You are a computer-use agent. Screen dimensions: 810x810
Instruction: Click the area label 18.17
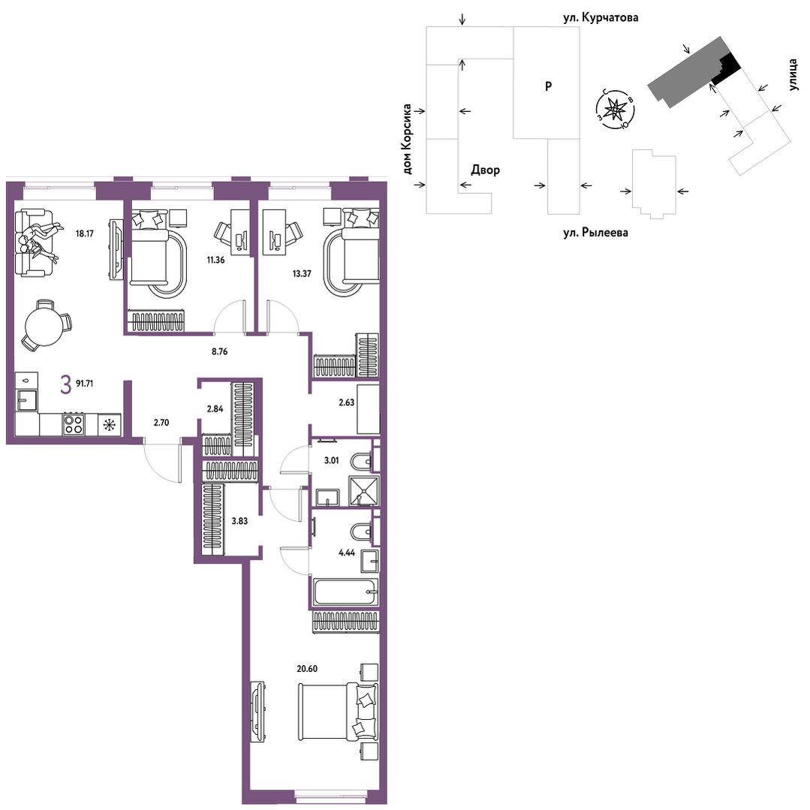click(x=85, y=233)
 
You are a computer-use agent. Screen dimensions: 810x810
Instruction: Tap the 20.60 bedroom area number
click(x=307, y=668)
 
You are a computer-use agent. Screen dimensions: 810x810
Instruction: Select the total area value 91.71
click(x=84, y=384)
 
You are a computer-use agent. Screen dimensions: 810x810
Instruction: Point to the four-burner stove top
click(x=74, y=424)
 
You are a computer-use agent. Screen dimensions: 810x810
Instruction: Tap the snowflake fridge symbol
click(x=110, y=425)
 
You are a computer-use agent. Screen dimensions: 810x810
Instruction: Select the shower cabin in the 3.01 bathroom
click(x=363, y=490)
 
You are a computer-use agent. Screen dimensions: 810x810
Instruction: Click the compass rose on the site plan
click(x=616, y=109)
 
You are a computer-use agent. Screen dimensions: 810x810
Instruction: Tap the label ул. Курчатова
click(x=601, y=17)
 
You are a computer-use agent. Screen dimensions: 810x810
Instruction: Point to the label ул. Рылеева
click(x=595, y=233)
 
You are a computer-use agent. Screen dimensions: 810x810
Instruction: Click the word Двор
click(x=485, y=170)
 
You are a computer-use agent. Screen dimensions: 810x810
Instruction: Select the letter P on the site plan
click(x=549, y=86)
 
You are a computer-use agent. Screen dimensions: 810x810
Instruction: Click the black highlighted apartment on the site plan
click(x=725, y=70)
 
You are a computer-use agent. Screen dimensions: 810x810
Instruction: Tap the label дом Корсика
click(x=407, y=139)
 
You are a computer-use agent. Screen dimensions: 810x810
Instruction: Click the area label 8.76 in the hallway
click(x=219, y=352)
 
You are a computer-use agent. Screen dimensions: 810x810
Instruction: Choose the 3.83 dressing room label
click(x=239, y=521)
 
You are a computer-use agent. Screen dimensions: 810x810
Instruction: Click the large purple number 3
click(x=65, y=385)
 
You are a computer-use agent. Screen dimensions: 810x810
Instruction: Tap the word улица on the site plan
click(x=793, y=75)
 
